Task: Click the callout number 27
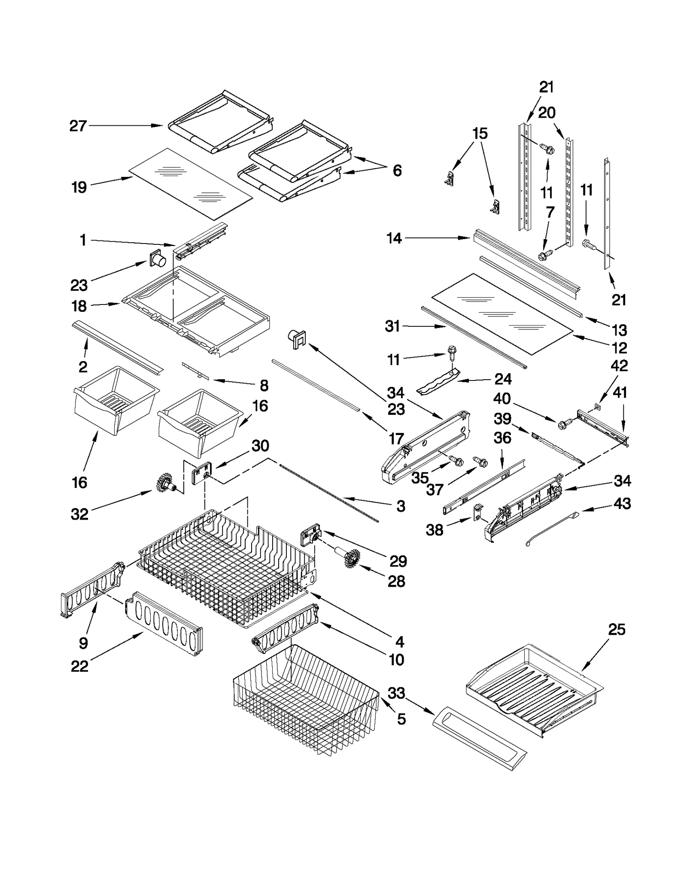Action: point(78,126)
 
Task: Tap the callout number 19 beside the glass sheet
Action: point(79,187)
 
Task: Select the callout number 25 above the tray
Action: point(617,630)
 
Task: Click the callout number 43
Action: point(622,503)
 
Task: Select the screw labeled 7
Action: point(545,256)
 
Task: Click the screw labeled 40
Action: point(564,424)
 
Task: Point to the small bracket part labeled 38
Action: point(477,512)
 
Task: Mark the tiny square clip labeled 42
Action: point(597,405)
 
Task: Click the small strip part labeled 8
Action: point(195,371)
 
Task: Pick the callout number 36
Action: point(502,438)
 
